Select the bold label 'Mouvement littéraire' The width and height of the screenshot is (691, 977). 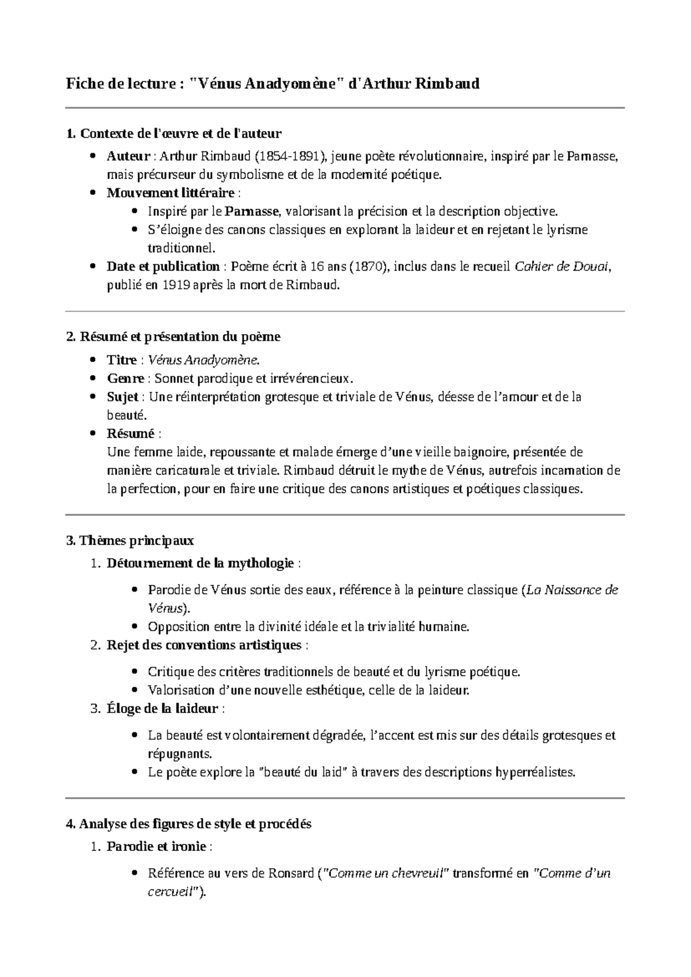170,192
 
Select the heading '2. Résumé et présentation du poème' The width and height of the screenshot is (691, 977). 173,336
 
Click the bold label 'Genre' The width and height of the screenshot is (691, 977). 125,378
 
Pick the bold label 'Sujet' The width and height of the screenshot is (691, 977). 122,397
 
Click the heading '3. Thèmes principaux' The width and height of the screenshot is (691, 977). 130,540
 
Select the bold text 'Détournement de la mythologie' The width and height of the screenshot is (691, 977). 200,563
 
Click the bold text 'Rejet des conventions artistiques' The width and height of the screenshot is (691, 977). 204,645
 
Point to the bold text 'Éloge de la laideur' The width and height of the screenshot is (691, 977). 162,709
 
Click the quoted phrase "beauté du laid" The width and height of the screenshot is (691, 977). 301,772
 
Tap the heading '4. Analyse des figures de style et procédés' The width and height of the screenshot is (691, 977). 189,824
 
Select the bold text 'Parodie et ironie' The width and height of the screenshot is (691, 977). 156,847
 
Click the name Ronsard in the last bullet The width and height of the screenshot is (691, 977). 291,873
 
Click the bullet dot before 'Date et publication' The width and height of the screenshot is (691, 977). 94,267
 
